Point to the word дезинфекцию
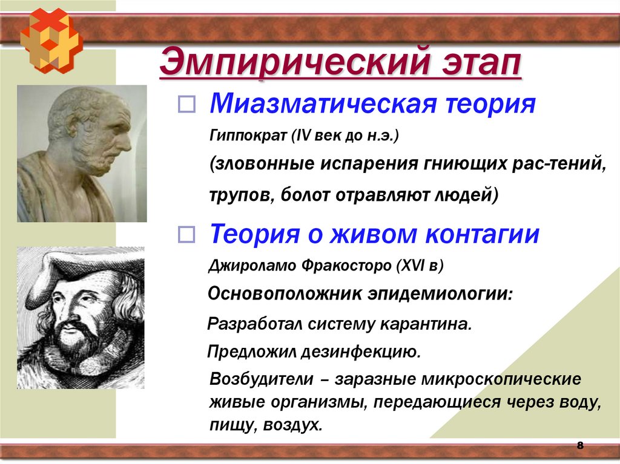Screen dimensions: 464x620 (x=358, y=351)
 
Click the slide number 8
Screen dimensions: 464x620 (x=579, y=446)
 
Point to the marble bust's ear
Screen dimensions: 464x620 (x=78, y=126)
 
